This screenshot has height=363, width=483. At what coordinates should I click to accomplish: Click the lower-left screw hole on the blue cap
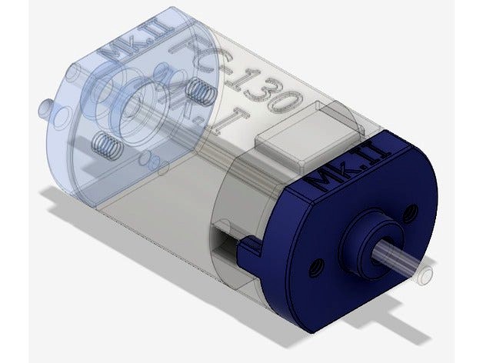(315, 270)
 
